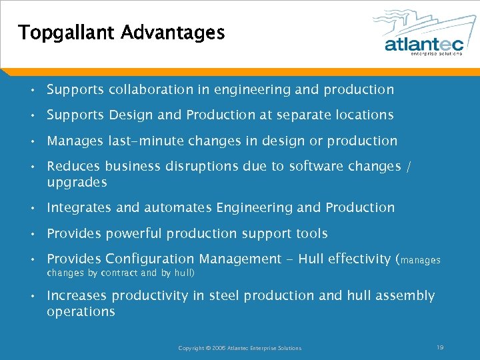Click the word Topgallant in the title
click(x=67, y=33)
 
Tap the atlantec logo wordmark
click(x=423, y=44)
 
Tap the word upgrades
click(x=77, y=183)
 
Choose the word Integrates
click(x=79, y=208)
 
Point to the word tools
click(x=313, y=234)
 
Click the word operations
click(x=81, y=312)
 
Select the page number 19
click(x=440, y=347)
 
